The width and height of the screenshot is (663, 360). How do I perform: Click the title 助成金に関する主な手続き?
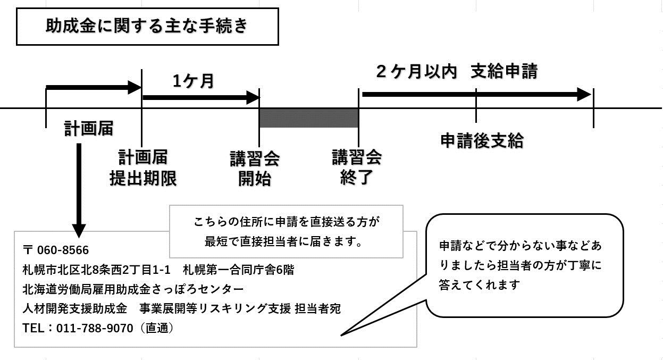147,26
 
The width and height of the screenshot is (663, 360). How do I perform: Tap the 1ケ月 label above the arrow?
193,81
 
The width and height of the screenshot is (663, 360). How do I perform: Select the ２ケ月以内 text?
416,72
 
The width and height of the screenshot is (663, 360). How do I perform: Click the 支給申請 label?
503,72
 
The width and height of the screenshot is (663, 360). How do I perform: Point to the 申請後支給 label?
482,140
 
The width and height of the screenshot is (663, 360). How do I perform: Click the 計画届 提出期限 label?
142,168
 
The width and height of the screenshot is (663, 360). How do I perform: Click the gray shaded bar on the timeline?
308,118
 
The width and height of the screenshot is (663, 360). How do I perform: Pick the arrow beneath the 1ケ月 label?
200,97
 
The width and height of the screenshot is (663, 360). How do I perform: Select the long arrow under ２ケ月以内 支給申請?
476,95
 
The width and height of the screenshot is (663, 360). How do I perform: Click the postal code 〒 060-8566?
56,250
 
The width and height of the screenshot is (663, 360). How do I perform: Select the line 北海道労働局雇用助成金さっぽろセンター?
133,289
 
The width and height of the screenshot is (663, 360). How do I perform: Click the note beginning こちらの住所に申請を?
286,231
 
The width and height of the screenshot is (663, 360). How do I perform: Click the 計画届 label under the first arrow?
89,128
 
